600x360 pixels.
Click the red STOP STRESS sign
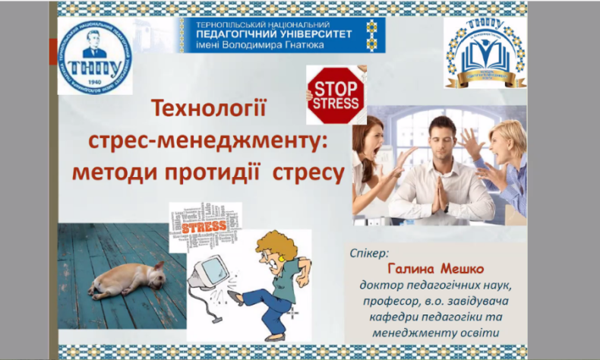(x=336, y=94)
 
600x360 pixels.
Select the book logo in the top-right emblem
(x=483, y=51)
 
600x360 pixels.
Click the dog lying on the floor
(x=126, y=279)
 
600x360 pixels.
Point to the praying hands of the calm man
(x=439, y=194)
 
